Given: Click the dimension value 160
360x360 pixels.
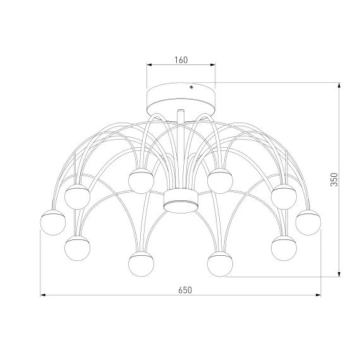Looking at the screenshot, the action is [181, 60].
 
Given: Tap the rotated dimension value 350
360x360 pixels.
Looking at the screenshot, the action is [334, 179].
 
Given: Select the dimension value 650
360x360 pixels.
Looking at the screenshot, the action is [185, 290].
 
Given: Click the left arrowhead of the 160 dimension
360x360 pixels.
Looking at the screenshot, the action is [150, 65].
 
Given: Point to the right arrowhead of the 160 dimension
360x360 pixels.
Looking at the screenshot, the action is [213, 65].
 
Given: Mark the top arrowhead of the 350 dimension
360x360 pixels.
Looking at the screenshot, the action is [339, 85].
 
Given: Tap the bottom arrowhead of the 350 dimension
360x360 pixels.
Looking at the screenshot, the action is [339, 274].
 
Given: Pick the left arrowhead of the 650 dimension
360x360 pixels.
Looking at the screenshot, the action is [43, 295].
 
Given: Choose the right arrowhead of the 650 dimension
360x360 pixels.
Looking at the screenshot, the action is [318, 295].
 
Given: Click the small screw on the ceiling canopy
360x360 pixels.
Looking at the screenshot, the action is [191, 87].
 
